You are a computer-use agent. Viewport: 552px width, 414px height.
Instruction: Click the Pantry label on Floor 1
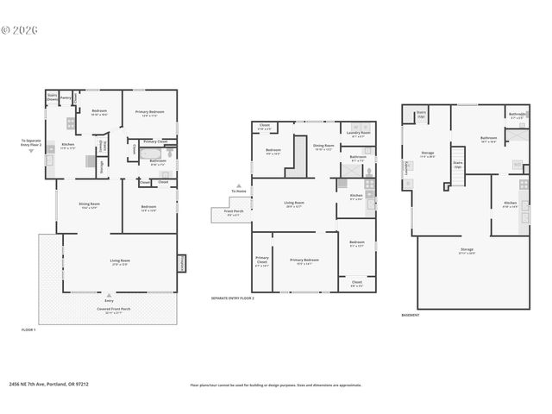[x=66, y=97]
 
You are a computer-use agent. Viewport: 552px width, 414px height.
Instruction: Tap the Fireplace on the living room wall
[x=182, y=263]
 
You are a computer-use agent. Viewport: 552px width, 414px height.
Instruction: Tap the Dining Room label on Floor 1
[x=91, y=206]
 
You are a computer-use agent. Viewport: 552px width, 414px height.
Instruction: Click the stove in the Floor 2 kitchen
[x=370, y=184]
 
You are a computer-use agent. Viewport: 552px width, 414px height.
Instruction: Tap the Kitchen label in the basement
[x=510, y=204]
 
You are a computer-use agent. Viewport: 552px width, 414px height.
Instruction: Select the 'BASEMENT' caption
[x=411, y=316]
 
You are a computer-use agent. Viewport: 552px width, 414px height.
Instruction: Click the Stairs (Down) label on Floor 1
[x=52, y=97]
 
